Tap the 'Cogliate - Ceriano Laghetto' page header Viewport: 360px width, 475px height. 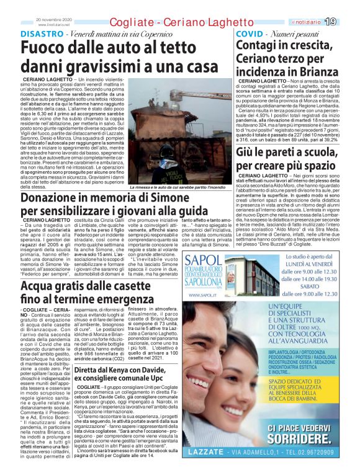tap(179, 22)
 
